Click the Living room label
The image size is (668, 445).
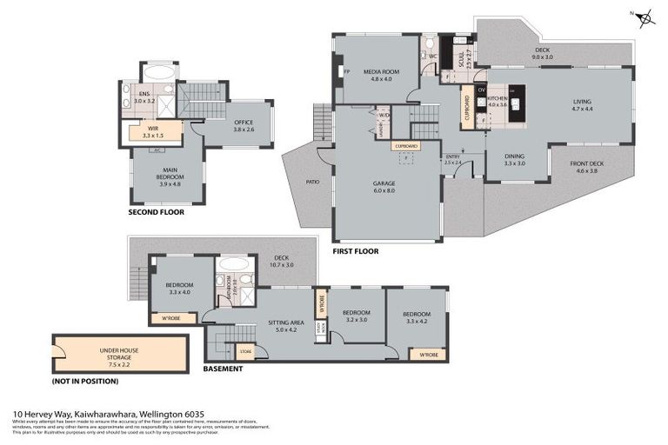(x=582, y=104)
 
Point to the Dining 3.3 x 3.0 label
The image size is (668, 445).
(x=515, y=160)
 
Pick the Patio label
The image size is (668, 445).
(x=311, y=182)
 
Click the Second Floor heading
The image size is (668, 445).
(x=157, y=212)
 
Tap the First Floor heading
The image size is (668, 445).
(x=356, y=251)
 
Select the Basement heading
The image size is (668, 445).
(x=223, y=369)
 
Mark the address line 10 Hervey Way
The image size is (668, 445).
(x=97, y=415)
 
